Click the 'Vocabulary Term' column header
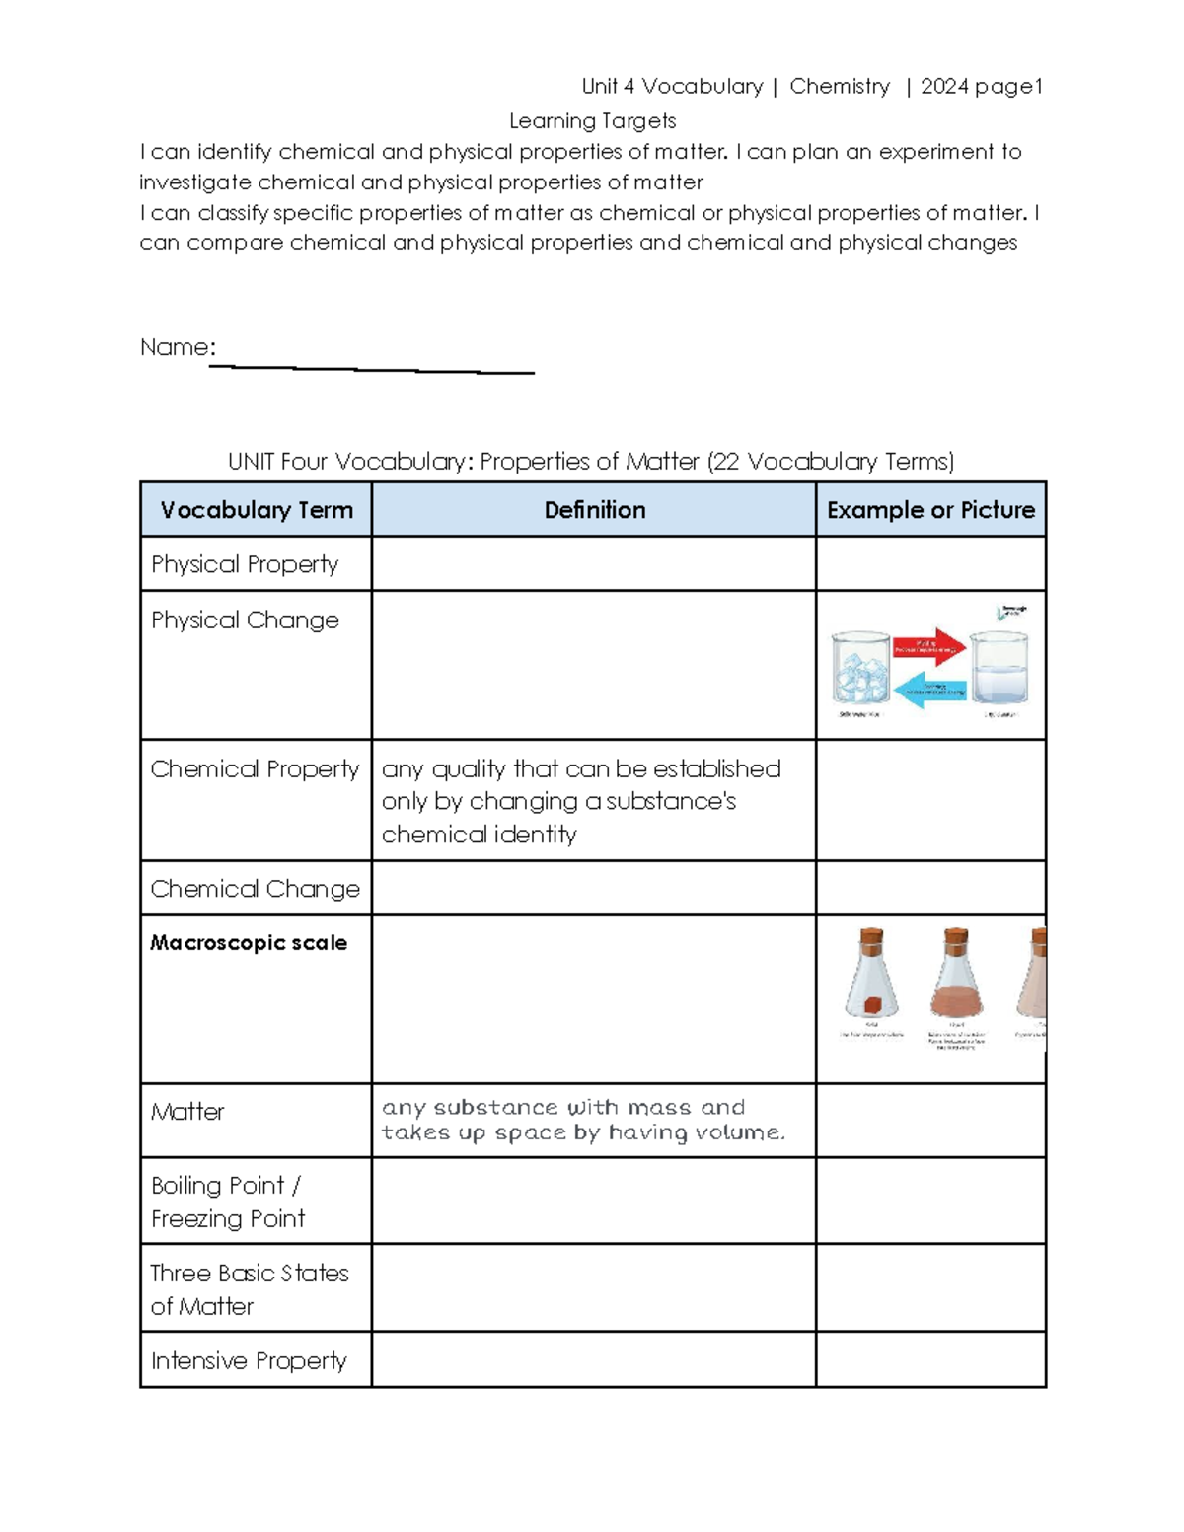257,510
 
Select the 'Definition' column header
594,510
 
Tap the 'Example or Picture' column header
930,510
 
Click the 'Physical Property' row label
245,564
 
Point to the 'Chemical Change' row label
255,889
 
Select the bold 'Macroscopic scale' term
249,943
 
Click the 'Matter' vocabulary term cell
187,1112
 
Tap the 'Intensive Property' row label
249,1361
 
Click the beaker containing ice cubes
861,668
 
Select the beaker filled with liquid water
999,670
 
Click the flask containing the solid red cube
871,977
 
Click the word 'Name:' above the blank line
178,347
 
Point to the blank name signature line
372,369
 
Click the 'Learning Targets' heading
592,121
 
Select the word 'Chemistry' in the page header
840,87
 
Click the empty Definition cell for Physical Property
594,564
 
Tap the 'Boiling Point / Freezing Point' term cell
228,1202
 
